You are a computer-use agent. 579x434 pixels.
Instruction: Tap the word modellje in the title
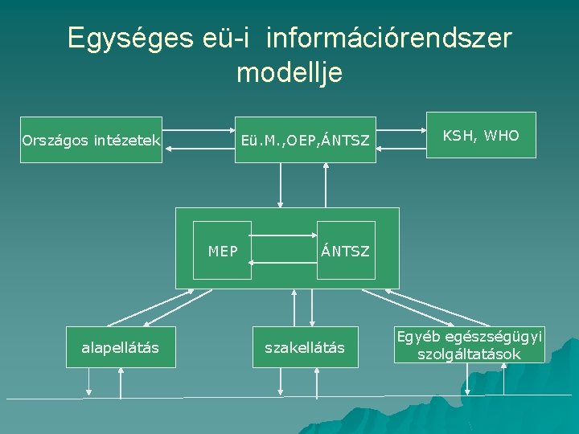coord(289,73)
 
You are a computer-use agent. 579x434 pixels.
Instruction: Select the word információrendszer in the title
coord(388,39)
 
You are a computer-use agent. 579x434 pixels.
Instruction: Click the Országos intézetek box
coord(91,141)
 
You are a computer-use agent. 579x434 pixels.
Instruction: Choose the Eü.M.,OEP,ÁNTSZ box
coord(305,141)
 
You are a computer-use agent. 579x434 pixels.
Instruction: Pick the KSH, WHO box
coord(481,137)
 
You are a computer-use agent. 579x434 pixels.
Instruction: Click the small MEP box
coord(223,250)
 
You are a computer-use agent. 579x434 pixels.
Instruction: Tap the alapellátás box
coord(121,347)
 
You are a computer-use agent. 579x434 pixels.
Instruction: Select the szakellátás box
coord(305,347)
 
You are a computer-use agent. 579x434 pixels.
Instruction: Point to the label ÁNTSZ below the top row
coord(346,252)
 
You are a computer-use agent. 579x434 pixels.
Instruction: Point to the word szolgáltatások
coord(469,354)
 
